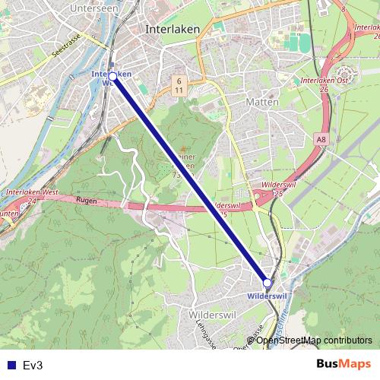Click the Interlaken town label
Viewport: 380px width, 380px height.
point(172,27)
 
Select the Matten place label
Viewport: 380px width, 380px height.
point(263,100)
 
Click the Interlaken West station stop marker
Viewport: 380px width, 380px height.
point(112,76)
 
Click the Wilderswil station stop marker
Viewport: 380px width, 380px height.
point(267,282)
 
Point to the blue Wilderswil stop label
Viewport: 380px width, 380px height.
point(267,295)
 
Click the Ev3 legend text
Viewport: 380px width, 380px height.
point(33,365)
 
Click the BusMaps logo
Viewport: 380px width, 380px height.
point(344,364)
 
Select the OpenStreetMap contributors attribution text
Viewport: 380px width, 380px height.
point(314,340)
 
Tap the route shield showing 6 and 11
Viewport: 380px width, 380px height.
point(177,84)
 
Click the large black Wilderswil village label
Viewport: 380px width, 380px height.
point(207,313)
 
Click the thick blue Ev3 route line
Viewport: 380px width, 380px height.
point(190,179)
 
